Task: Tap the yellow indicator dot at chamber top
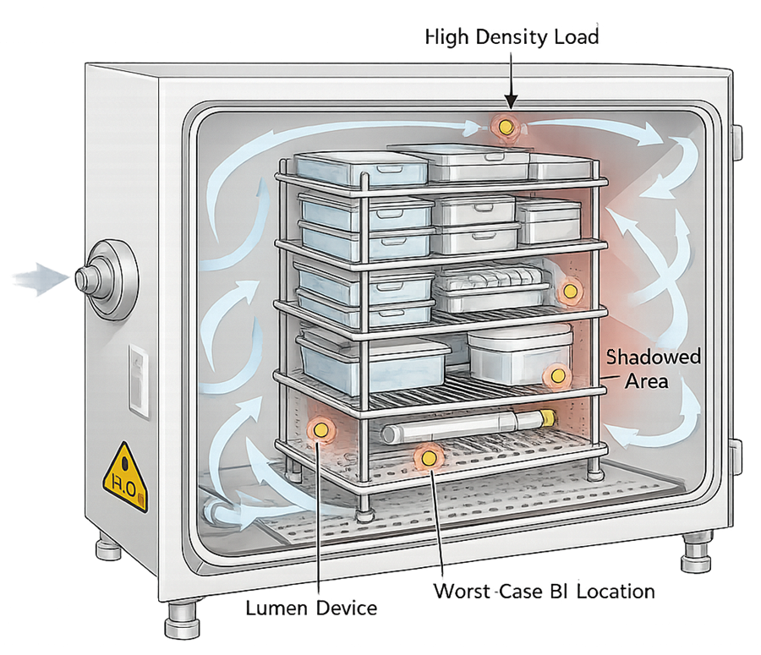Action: (505, 127)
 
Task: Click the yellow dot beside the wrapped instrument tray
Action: (570, 292)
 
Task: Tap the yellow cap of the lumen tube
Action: (547, 416)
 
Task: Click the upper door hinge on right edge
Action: (736, 142)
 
